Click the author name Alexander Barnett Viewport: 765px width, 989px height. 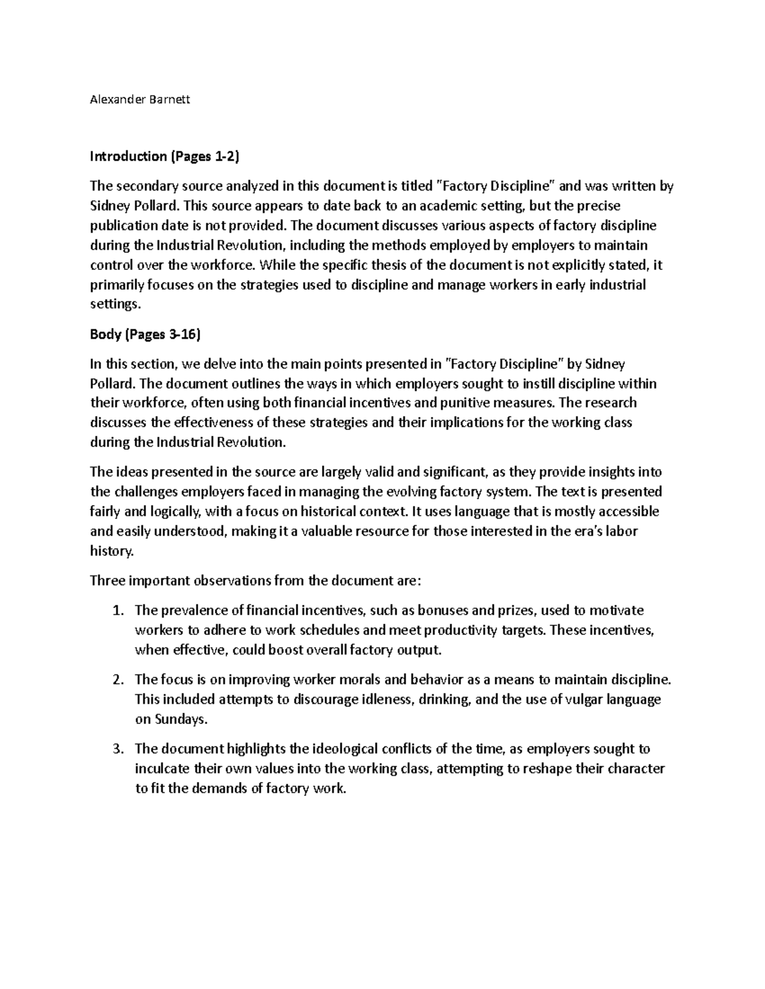click(x=140, y=99)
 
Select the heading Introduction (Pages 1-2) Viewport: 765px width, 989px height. click(x=164, y=156)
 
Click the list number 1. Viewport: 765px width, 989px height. click(x=117, y=611)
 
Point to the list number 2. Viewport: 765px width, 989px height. click(x=117, y=679)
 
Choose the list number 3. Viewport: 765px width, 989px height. click(x=117, y=749)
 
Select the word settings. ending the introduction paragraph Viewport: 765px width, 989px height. click(x=114, y=304)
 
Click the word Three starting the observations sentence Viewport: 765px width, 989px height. click(x=107, y=581)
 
